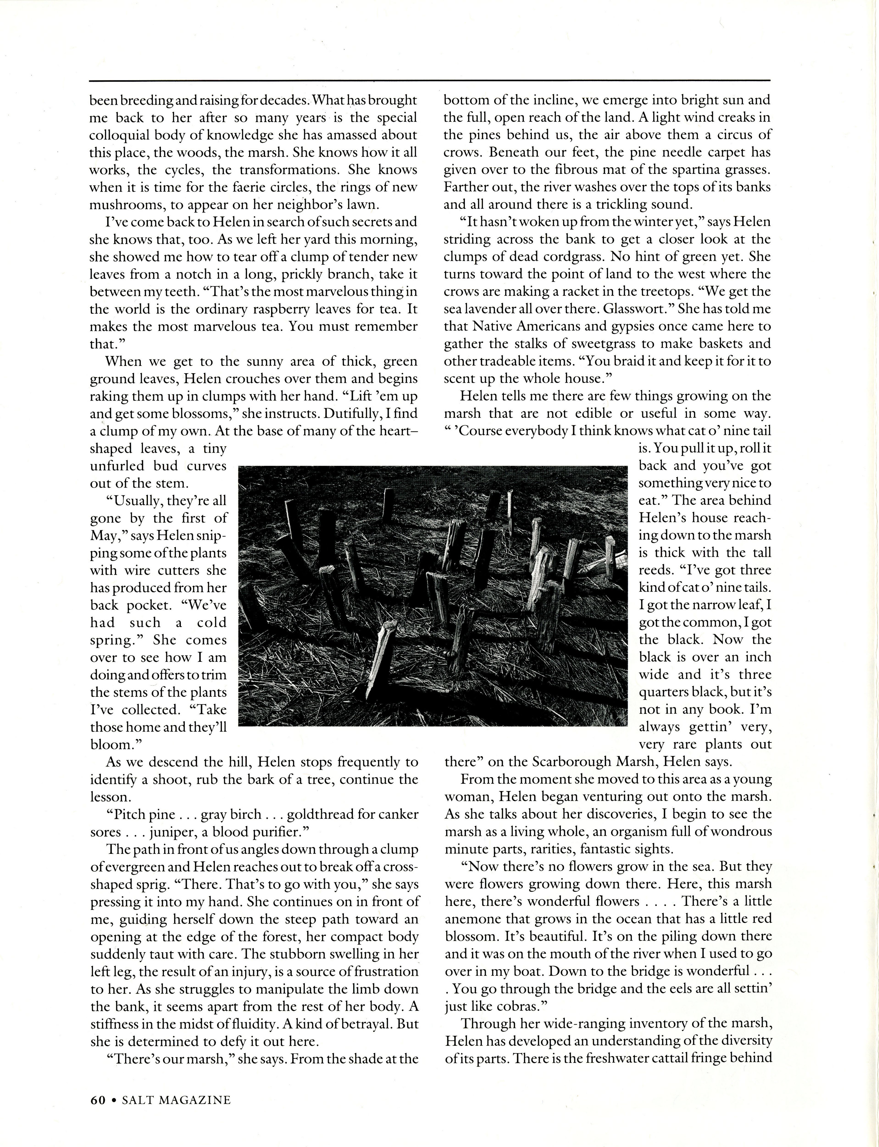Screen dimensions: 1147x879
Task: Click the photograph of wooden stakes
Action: (432, 596)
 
